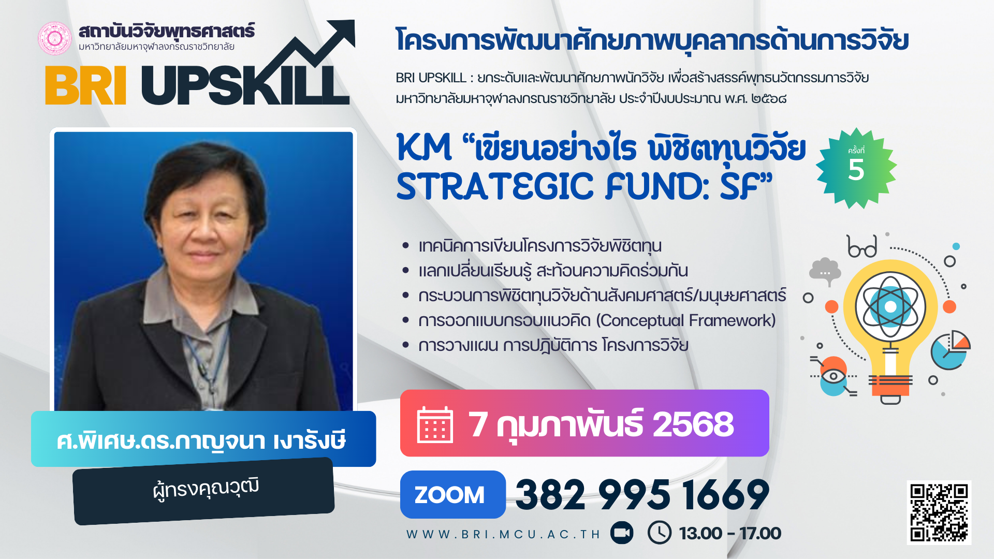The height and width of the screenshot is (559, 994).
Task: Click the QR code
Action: coord(939,512)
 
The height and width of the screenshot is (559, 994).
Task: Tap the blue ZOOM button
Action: coord(452,494)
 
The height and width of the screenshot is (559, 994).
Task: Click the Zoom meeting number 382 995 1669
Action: coord(642,495)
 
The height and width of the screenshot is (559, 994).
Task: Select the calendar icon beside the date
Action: coord(435,424)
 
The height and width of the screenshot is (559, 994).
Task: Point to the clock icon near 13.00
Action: coord(660,532)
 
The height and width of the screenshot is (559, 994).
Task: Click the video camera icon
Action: coord(622,533)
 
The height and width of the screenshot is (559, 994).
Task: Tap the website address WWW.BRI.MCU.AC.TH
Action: coord(503,534)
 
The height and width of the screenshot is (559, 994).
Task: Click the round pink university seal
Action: coord(54,38)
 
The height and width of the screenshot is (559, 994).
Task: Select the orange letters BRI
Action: coord(85,86)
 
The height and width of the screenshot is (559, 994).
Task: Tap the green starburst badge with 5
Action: coord(856,168)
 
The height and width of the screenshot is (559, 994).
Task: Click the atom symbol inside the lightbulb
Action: coord(890,307)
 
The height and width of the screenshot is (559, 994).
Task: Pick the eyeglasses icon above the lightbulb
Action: coord(862,247)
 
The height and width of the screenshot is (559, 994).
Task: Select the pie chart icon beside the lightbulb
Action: coord(951,350)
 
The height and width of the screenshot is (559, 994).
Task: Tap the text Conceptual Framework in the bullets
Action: coord(686,320)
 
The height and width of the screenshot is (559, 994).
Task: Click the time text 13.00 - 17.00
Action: coord(730,533)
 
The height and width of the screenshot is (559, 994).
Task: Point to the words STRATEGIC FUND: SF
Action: coord(584,186)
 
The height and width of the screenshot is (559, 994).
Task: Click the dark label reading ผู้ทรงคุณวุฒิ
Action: coord(204,491)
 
